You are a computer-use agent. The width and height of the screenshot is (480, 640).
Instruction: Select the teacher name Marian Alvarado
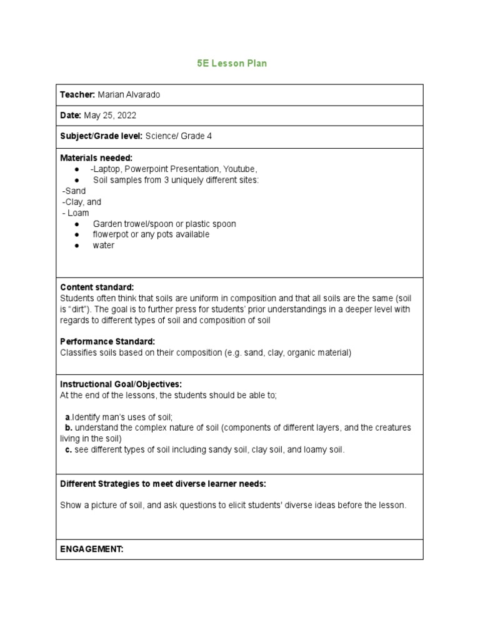pos(133,94)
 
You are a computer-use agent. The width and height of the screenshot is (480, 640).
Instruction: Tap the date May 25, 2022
pos(110,116)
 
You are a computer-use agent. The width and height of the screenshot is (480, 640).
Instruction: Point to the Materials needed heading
pos(96,158)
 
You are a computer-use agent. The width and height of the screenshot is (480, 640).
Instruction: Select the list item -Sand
pos(74,191)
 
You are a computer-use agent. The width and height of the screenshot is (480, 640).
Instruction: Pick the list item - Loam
pos(75,213)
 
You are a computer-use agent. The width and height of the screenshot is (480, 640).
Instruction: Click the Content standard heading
pos(97,287)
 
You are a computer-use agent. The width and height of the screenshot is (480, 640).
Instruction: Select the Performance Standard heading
pos(107,342)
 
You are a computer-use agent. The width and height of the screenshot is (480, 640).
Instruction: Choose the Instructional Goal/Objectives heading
pos(121,384)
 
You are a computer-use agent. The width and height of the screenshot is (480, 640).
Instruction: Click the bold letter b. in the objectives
pos(69,428)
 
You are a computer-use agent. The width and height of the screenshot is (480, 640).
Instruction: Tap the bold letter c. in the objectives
pos(69,450)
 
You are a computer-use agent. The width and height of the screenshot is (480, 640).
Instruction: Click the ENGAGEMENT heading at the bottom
pos(92,549)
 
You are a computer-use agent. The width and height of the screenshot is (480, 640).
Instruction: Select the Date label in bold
pos(71,116)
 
